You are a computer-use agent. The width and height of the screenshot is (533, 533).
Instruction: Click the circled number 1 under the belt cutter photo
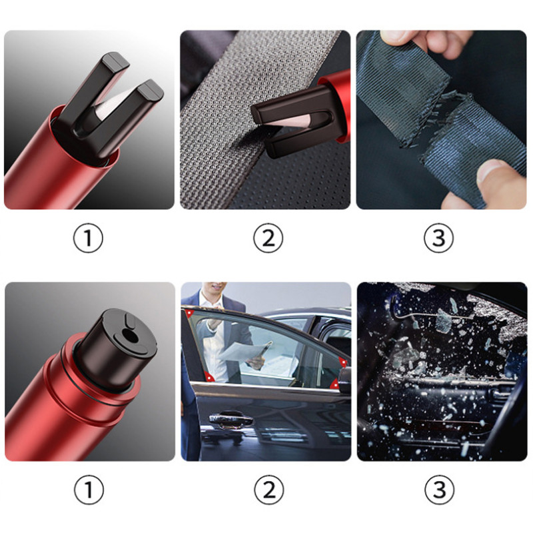pos(88,238)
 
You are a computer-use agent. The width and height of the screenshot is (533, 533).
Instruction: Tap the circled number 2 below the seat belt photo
pos(268,238)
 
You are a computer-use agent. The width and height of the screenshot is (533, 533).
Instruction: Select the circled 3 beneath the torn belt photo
pos(439,238)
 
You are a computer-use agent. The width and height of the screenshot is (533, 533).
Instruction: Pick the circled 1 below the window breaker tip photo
pos(89,490)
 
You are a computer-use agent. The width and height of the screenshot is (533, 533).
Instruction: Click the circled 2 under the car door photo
pos(269,490)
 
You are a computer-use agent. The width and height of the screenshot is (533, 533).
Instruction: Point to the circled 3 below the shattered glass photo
pos(440,490)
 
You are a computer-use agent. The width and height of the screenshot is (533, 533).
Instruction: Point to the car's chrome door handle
pos(231,420)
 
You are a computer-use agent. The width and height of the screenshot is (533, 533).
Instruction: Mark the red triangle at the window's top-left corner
pos(189,313)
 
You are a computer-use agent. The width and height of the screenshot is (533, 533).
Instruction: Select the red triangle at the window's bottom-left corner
pos(208,376)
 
